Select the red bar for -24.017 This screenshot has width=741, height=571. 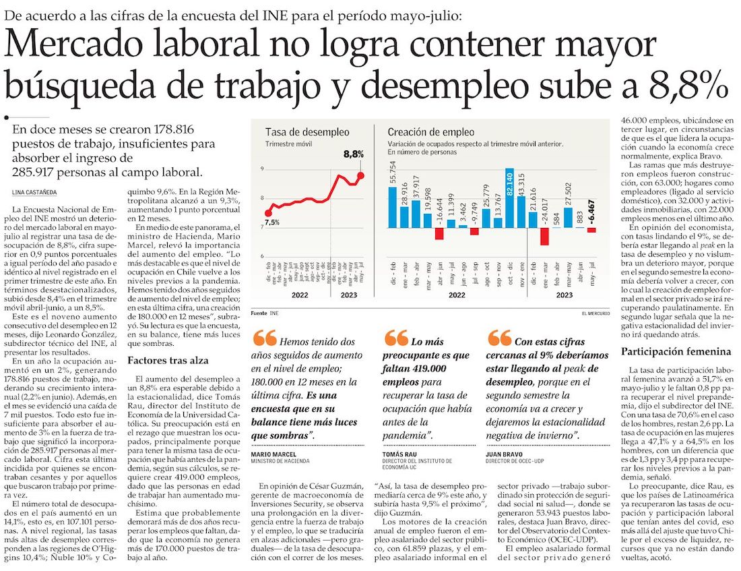coord(545,237)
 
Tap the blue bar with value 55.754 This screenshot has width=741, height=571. coord(393,208)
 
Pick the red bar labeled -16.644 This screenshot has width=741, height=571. coord(439,234)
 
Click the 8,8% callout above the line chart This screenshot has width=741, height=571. coord(354,154)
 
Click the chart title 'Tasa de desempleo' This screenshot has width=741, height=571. coord(298,132)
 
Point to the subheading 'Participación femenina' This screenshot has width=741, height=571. coord(676,351)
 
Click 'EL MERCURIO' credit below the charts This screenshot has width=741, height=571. coord(598,313)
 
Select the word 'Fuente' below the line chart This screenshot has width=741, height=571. coord(259,313)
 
